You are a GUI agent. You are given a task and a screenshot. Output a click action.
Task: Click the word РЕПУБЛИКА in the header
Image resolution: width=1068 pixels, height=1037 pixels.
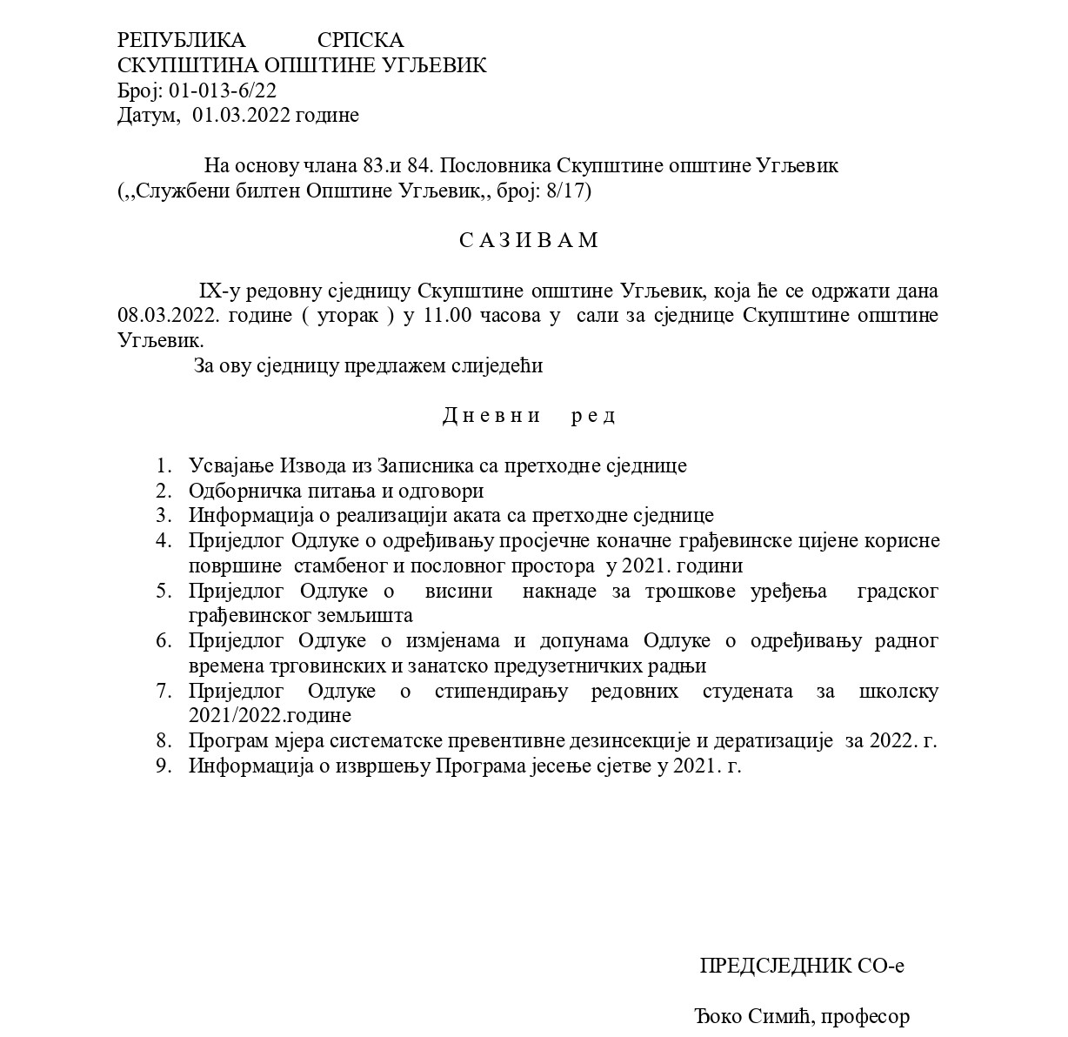click(182, 40)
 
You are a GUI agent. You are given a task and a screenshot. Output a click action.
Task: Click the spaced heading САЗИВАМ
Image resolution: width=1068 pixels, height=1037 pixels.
click(529, 240)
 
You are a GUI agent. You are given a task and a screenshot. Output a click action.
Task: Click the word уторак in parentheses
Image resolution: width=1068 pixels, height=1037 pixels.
click(348, 315)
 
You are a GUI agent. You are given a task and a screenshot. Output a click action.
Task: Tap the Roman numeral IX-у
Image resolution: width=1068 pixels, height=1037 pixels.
click(218, 291)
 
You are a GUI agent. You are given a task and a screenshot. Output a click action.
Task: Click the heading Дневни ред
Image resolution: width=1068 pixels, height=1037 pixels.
click(529, 415)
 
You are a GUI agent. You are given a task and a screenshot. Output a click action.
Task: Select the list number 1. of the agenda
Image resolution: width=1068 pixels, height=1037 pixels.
click(164, 465)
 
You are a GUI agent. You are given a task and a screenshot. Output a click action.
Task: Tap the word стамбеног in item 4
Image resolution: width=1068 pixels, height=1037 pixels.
click(342, 565)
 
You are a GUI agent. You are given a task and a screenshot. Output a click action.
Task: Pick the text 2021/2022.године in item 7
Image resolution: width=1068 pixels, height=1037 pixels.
click(270, 716)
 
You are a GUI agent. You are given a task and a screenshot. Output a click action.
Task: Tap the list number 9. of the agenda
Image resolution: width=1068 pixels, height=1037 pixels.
click(164, 766)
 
